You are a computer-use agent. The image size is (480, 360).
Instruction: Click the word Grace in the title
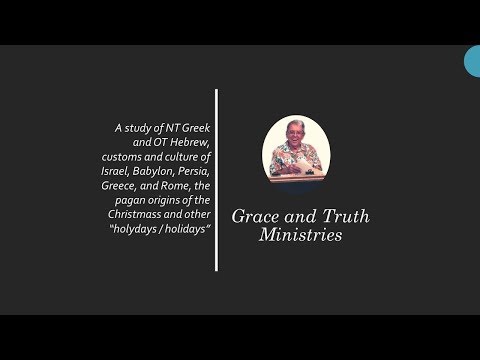pos(255,216)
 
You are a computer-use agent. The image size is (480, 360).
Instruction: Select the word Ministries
pos(300,236)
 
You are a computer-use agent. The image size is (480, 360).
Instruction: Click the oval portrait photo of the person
pos(296,148)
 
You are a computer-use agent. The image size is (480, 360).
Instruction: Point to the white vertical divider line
pos(216,180)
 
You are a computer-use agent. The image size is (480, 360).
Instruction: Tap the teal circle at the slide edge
pos(473,61)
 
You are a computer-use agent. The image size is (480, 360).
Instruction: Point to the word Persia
pos(191,172)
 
